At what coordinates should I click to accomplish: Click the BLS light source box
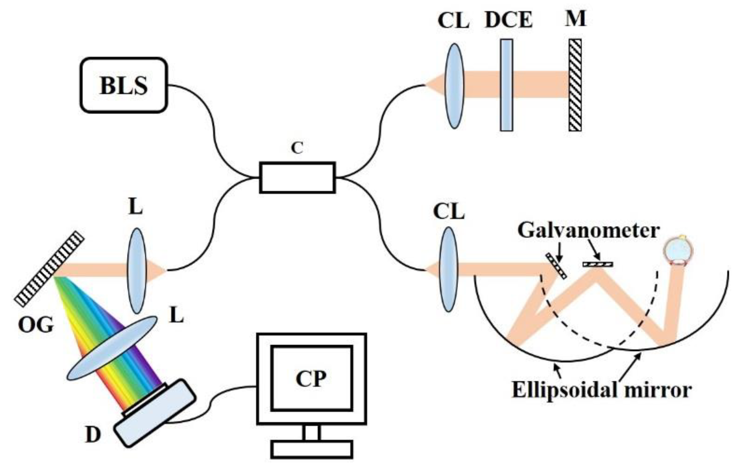[x=124, y=85]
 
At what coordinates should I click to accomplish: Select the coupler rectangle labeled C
[x=297, y=177]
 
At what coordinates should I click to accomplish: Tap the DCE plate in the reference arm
[x=506, y=85]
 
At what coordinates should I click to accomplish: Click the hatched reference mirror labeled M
[x=575, y=85]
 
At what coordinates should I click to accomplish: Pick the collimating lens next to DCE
[x=454, y=86]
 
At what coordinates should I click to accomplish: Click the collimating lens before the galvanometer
[x=448, y=270]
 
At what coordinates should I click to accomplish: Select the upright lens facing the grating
[x=137, y=271]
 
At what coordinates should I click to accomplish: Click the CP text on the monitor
[x=311, y=379]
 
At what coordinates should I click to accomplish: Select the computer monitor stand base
[x=311, y=449]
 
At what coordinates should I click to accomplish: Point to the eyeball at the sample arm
[x=678, y=251]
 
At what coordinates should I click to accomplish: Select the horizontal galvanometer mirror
[x=598, y=264]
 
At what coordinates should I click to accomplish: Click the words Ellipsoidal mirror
[x=601, y=390]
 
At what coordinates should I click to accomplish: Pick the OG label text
[x=36, y=325]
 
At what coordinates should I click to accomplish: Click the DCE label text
[x=509, y=20]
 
